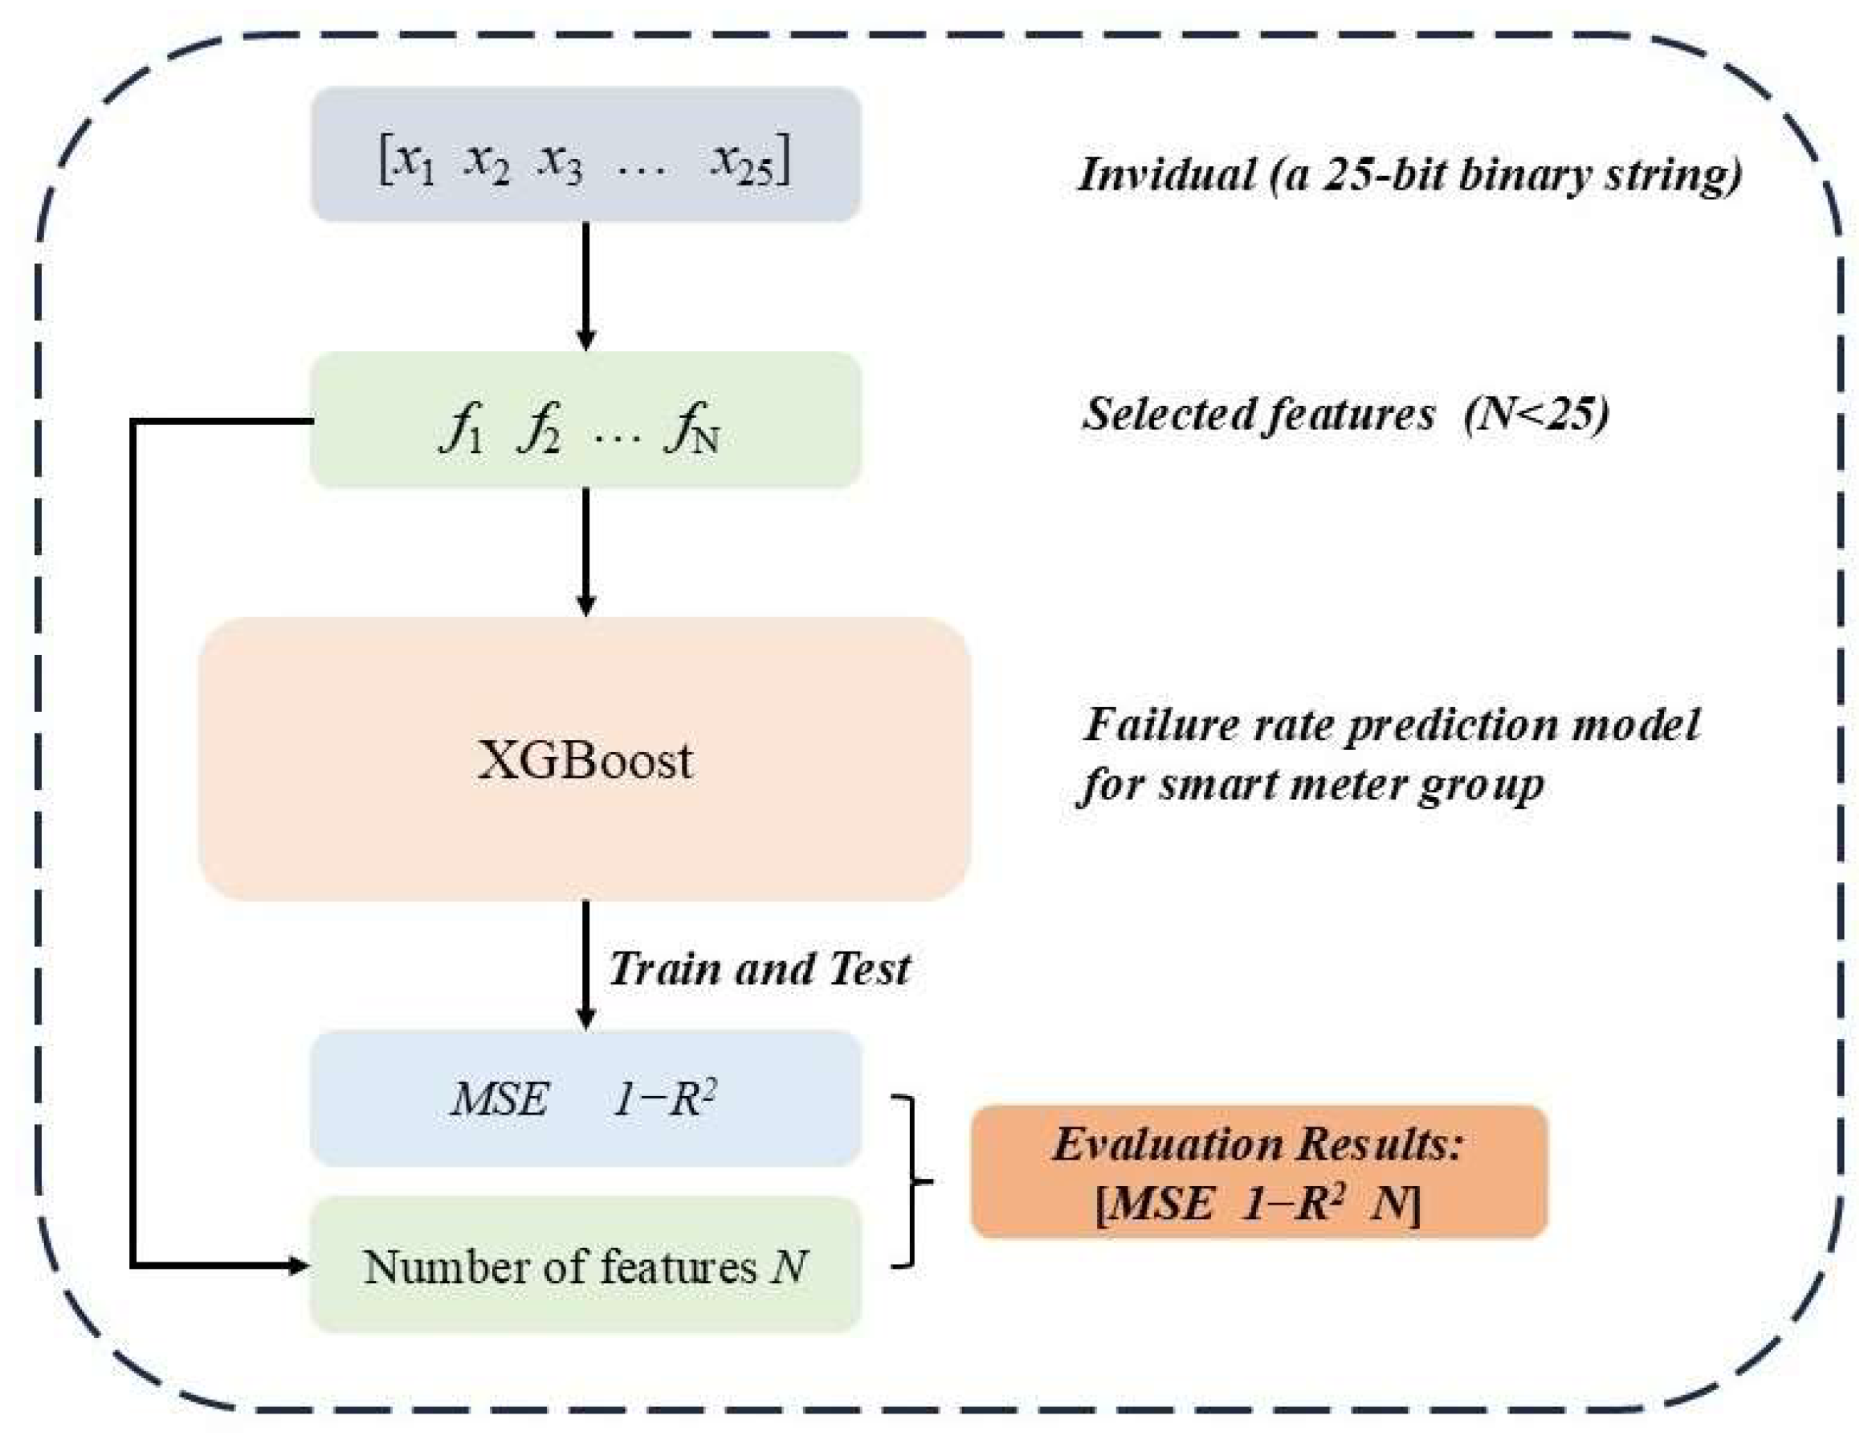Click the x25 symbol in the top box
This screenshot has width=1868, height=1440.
(742, 162)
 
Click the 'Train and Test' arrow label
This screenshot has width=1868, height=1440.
(759, 968)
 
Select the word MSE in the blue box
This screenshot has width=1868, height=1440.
(500, 1098)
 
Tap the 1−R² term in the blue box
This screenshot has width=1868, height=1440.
(663, 1098)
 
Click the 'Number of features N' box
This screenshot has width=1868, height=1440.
(585, 1266)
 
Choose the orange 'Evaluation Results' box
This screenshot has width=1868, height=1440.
(1259, 1172)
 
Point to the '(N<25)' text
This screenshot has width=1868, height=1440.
(1536, 414)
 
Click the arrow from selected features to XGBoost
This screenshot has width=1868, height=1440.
(585, 552)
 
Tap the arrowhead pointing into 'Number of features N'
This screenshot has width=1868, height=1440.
(300, 1265)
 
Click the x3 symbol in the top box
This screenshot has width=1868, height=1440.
(561, 162)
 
